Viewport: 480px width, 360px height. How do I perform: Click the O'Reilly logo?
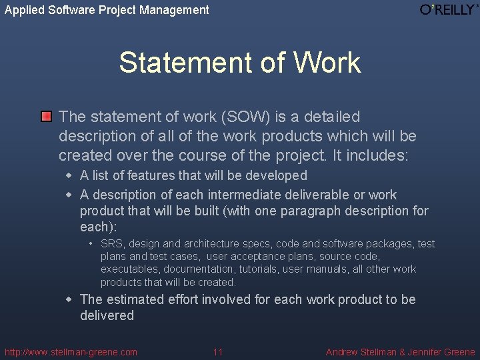coord(449,9)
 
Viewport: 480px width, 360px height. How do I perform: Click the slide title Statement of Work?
coord(240,63)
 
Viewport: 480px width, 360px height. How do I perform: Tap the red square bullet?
coord(45,117)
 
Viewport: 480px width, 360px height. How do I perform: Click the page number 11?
coord(217,352)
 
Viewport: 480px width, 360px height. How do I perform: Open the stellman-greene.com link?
coord(71,352)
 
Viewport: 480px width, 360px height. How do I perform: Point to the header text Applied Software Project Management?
coord(107,10)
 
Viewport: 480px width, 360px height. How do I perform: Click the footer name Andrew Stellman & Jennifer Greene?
coord(400,352)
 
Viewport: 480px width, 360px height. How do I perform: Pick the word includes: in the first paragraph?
coord(383,155)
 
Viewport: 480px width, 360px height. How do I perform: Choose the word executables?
coord(129,269)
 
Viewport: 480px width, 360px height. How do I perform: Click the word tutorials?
coord(257,269)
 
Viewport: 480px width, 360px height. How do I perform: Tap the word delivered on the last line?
coord(107,315)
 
